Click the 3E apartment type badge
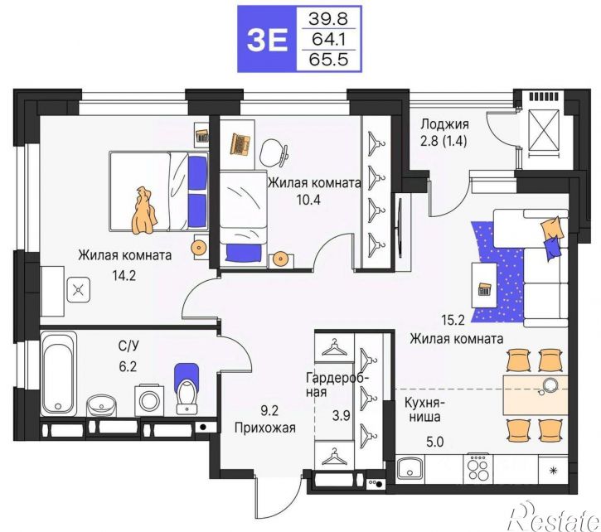(x=267, y=39)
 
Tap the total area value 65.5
(x=328, y=60)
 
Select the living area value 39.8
(x=328, y=18)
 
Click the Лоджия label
(x=444, y=124)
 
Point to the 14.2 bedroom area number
(x=124, y=275)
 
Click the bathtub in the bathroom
(x=59, y=373)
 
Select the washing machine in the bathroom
(x=149, y=400)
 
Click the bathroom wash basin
(x=102, y=404)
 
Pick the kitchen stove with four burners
(x=478, y=467)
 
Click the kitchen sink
(x=410, y=468)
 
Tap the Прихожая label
(x=265, y=428)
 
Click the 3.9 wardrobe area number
(x=341, y=416)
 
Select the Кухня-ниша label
(x=424, y=409)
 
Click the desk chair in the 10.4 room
(x=274, y=152)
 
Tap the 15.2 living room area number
(x=453, y=320)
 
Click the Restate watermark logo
(x=555, y=515)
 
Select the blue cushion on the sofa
(x=552, y=248)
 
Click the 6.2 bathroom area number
(x=128, y=367)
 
